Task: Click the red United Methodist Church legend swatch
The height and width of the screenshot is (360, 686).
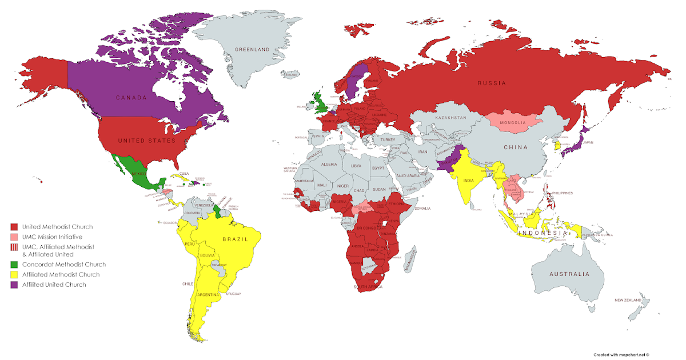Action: click(x=14, y=227)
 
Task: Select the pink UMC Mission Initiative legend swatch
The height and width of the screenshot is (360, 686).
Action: click(x=14, y=237)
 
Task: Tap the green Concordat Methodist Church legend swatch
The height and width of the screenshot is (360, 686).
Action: click(x=14, y=265)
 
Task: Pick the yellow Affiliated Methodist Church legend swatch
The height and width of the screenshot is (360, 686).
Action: click(x=14, y=274)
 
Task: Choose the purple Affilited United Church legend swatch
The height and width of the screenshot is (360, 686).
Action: click(x=14, y=284)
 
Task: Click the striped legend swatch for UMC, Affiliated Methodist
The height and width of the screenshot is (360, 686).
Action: click(x=14, y=247)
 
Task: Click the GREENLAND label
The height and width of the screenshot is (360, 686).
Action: click(x=252, y=50)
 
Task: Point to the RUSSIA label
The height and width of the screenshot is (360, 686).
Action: click(x=492, y=83)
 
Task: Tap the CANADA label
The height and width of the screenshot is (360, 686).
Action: click(x=133, y=98)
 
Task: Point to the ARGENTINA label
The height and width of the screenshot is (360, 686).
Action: click(x=208, y=295)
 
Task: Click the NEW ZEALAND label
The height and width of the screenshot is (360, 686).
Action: click(x=627, y=300)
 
